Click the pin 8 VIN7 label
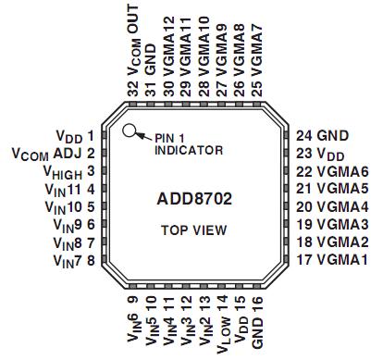[73, 261]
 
